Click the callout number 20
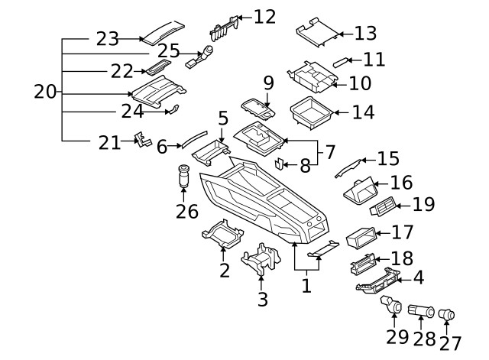(45, 92)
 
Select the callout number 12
(264, 15)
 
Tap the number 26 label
(186, 211)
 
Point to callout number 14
(364, 112)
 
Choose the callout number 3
(263, 299)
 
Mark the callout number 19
(423, 204)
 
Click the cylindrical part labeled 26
(184, 176)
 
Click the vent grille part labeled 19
(381, 209)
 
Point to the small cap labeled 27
(448, 313)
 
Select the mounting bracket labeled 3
(259, 261)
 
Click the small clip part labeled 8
(280, 164)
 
